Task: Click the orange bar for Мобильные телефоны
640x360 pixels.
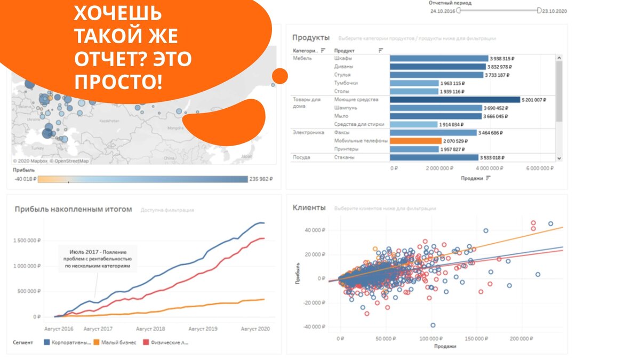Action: [415, 141]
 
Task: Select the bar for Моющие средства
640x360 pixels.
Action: [454, 100]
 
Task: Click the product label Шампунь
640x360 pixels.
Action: [346, 108]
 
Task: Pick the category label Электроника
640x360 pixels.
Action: [308, 132]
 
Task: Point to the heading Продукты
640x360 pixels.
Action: [311, 37]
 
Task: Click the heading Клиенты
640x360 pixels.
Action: [309, 207]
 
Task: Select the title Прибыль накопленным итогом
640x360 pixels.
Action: [73, 209]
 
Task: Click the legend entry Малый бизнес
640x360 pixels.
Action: [118, 342]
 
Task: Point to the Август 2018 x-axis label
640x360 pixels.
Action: [150, 329]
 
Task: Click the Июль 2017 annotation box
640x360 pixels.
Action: [98, 258]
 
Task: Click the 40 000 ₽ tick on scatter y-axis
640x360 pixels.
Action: [314, 230]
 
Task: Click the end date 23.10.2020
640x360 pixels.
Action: [555, 11]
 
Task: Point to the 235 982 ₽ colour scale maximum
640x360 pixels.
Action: [261, 179]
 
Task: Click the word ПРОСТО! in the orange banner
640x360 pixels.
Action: [118, 82]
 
